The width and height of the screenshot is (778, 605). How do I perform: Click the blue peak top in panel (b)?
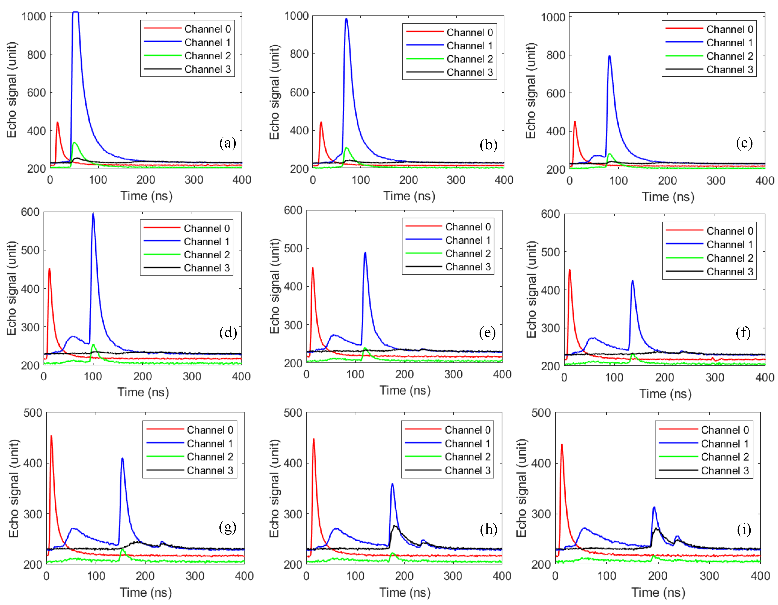(346, 19)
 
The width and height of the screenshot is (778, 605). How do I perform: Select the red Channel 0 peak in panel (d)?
(49, 269)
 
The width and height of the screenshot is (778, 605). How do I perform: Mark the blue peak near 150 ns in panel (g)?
(122, 459)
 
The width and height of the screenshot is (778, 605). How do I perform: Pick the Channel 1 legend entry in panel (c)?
(730, 43)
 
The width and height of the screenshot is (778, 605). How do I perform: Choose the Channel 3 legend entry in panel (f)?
(730, 272)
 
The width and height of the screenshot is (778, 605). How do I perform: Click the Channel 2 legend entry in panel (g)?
(210, 457)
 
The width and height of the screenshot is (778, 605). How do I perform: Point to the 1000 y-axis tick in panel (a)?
(34, 16)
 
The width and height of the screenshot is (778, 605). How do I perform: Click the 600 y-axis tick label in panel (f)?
(550, 214)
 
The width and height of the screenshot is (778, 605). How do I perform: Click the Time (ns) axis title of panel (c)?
(668, 197)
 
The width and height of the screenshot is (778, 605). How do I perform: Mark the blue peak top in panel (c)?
(609, 56)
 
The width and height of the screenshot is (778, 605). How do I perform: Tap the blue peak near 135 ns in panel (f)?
(633, 281)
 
